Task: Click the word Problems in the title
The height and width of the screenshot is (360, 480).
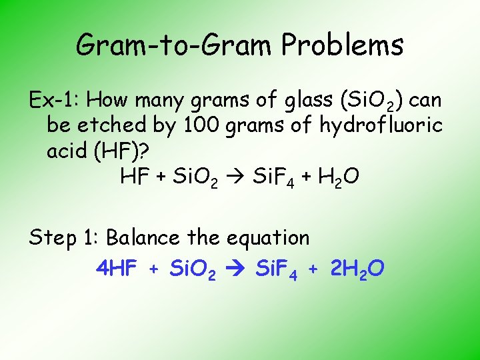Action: (x=343, y=45)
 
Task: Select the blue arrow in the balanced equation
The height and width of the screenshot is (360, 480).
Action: (x=236, y=269)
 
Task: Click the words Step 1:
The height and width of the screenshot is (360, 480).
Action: (x=64, y=238)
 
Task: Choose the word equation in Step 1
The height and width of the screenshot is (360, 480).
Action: (x=268, y=238)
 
